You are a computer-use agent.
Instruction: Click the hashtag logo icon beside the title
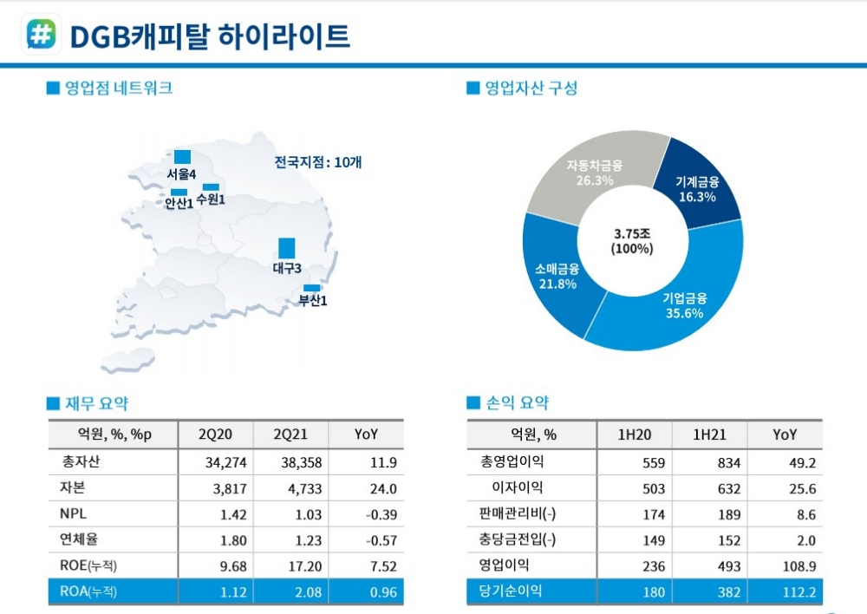40,35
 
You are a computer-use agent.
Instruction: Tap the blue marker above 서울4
182,156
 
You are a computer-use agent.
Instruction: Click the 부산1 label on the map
313,301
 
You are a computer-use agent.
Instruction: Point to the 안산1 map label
179,205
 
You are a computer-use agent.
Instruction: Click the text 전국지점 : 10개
318,162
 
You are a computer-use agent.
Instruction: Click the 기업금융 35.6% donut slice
685,308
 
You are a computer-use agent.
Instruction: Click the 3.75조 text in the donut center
632,234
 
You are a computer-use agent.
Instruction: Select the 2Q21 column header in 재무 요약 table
290,434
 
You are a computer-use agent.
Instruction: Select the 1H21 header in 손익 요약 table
710,434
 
